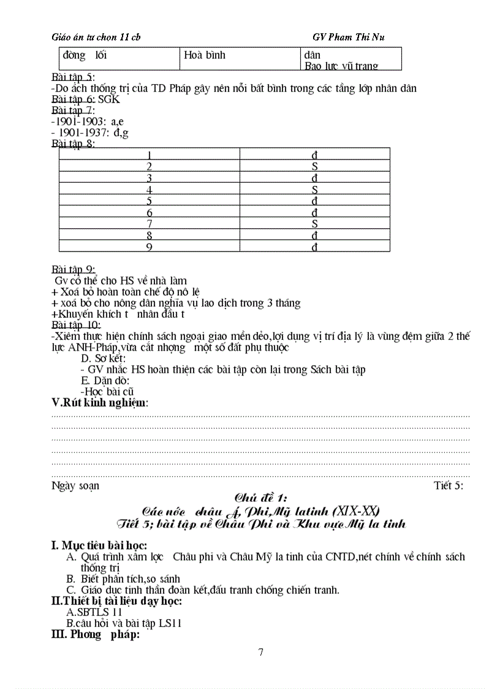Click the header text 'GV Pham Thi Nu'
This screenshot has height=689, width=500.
348,37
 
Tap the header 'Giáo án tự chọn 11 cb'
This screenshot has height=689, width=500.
96,37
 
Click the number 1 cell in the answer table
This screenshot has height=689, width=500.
150,155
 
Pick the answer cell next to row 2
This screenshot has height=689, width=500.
314,166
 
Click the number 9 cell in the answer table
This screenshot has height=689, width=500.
150,247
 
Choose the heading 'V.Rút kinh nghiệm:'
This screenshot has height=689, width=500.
100,402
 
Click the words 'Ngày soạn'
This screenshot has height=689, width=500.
75,485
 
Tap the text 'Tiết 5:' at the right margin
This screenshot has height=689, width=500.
449,485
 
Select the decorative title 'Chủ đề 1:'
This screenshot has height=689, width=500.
261,498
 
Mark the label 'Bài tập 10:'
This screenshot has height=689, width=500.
77,325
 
